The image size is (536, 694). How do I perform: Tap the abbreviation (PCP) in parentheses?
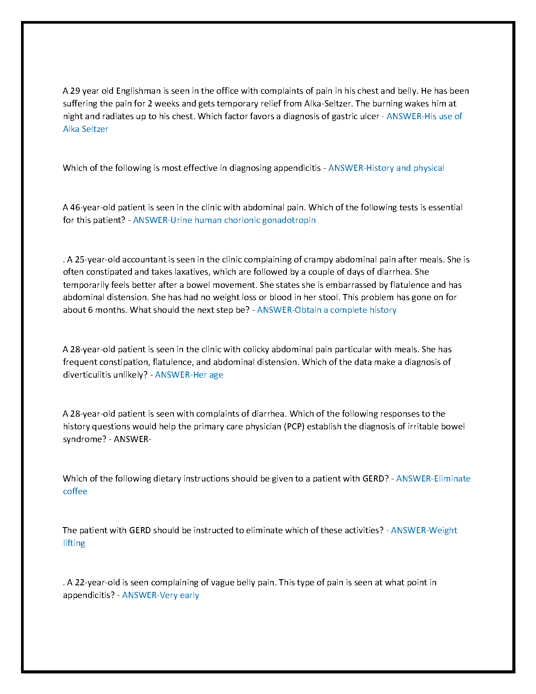294,427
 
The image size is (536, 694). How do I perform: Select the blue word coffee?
75,492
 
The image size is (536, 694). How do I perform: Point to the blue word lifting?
74,543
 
